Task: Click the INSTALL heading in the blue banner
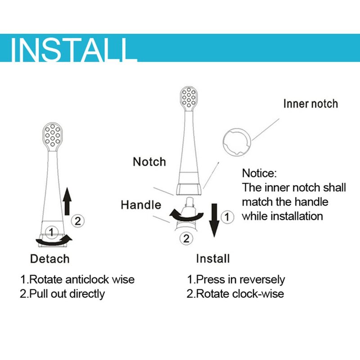click(x=73, y=50)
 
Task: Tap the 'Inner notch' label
click(x=310, y=104)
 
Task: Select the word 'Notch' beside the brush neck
click(x=149, y=162)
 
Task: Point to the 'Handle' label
click(x=141, y=205)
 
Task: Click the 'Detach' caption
click(x=50, y=259)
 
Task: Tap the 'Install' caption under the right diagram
click(x=213, y=258)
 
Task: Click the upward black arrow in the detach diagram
click(x=67, y=201)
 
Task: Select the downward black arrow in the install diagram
click(x=214, y=220)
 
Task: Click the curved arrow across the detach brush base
click(x=54, y=242)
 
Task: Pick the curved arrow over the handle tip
click(x=186, y=216)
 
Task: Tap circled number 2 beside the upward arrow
click(x=78, y=221)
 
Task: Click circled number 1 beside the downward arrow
click(x=227, y=217)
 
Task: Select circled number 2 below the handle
click(x=186, y=238)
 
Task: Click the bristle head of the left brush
click(x=53, y=137)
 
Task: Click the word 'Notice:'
click(x=260, y=173)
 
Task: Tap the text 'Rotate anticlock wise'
click(x=82, y=279)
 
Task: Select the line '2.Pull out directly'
click(x=62, y=294)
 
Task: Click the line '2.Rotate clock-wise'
click(x=235, y=294)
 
